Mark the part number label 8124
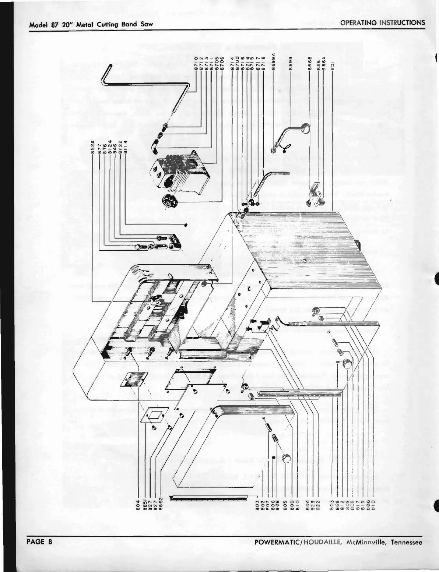pyautogui.click(x=109, y=145)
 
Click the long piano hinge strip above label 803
pyautogui.click(x=208, y=498)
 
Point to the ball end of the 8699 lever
pyautogui.click(x=305, y=128)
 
